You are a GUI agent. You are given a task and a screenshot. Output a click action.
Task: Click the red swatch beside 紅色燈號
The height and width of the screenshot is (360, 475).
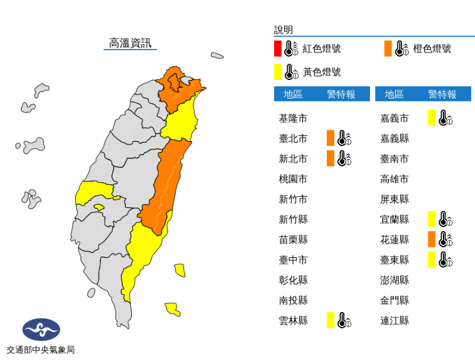[x=278, y=48]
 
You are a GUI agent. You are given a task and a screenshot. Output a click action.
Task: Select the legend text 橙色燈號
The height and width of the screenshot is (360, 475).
[x=432, y=48]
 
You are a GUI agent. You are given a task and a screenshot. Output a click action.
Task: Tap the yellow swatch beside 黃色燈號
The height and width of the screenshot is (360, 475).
[x=278, y=72]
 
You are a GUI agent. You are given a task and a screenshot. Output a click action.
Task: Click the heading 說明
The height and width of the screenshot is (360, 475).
[x=284, y=30]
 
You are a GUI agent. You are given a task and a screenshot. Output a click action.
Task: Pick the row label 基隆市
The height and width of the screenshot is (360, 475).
[x=294, y=118]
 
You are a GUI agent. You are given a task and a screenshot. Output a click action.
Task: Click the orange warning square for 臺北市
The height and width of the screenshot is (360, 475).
[x=330, y=138]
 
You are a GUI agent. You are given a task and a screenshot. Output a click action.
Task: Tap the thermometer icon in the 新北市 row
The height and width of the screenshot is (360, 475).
[x=344, y=158]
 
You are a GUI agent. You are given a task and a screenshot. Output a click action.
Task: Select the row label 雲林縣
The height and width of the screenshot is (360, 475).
[x=294, y=320]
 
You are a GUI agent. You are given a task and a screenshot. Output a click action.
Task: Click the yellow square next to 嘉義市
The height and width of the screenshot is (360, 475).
[x=431, y=118]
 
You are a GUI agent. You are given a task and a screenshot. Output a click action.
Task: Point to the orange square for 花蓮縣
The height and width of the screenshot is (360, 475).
[x=431, y=239]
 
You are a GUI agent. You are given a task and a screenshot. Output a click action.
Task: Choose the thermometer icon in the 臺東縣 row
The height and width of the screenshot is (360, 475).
[x=445, y=260]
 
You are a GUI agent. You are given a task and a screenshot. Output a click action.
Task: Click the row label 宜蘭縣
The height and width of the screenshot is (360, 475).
[x=394, y=219]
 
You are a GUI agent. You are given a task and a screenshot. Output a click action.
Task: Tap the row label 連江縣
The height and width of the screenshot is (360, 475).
[x=394, y=320]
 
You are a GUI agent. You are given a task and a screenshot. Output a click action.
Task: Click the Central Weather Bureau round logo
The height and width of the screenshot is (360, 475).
[x=41, y=330]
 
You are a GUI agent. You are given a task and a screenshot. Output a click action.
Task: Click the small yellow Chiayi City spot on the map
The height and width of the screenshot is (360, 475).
[x=99, y=207]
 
